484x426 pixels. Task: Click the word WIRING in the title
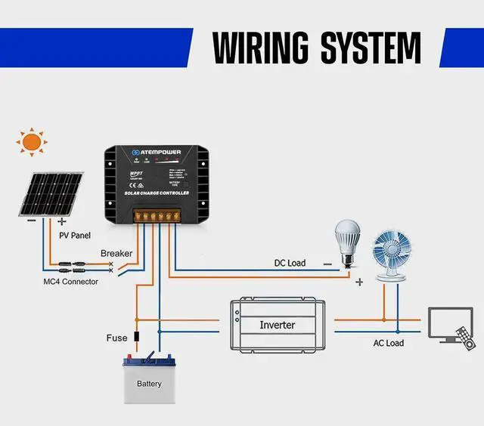(x=262, y=48)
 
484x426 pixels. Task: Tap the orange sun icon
(x=32, y=141)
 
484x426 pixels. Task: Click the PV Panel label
(x=76, y=235)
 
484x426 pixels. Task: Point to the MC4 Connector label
(x=70, y=282)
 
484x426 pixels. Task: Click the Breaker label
(x=116, y=254)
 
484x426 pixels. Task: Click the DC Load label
(x=290, y=263)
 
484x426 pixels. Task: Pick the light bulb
(x=349, y=241)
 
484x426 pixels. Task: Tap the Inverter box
(x=277, y=325)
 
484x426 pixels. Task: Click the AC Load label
(x=389, y=343)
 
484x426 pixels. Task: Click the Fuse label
(x=116, y=338)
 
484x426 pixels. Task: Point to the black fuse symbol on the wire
(x=136, y=337)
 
